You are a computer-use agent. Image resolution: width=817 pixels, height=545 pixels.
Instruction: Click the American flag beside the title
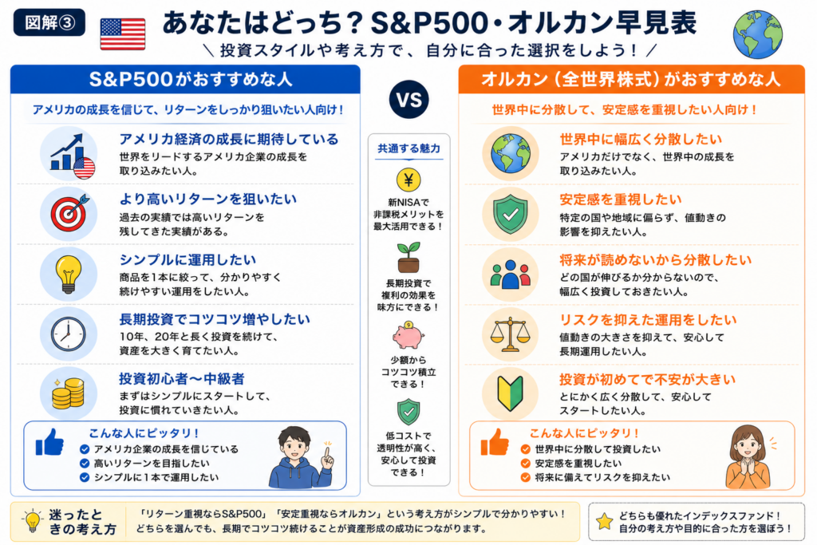pos(122,34)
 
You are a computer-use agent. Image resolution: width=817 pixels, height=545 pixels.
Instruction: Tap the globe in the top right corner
pos(758,34)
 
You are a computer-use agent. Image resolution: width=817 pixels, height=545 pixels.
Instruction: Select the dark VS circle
pos(409,100)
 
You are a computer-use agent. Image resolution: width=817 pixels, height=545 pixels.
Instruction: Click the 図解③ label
pos(49,22)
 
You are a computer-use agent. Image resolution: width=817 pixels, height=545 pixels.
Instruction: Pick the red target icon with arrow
pos(69,213)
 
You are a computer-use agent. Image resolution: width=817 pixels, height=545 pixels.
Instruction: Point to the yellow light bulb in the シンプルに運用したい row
pos(69,274)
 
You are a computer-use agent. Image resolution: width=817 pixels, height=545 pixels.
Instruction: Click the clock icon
pos(69,334)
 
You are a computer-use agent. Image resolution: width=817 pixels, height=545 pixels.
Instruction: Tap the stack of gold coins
pos(69,393)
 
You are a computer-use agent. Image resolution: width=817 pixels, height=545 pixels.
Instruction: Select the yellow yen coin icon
pos(408,180)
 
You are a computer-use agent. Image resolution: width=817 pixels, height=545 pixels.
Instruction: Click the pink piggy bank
pos(408,335)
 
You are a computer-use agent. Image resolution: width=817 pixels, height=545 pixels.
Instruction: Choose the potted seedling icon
pos(408,258)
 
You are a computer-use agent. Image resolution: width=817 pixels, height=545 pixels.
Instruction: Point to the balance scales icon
pos(510,334)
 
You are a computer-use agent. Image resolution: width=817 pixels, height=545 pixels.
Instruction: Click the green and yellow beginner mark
pos(510,394)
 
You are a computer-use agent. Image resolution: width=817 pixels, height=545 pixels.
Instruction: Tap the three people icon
pos(510,274)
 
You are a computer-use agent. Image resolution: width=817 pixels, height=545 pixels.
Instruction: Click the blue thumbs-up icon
pos(50,442)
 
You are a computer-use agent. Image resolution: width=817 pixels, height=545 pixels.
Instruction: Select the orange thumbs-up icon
pos(495,442)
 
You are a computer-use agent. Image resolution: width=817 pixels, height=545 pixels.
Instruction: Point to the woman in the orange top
pos(748,457)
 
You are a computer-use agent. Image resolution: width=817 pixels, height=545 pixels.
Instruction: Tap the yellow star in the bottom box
pos(605,522)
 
